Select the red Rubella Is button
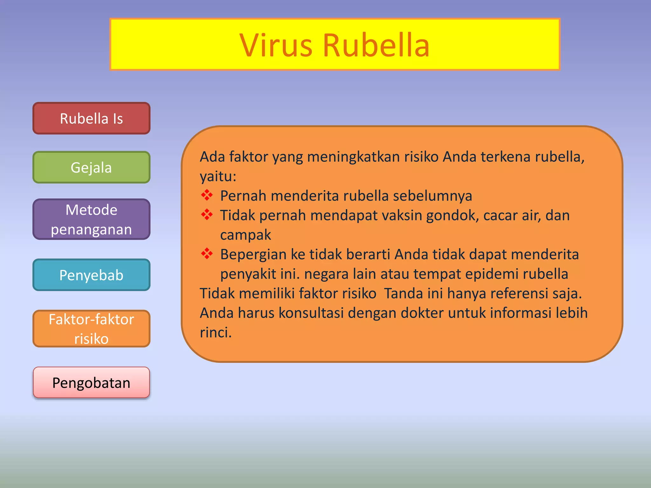(x=92, y=119)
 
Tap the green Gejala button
(x=92, y=167)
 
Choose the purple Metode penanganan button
(x=92, y=219)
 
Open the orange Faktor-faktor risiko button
(x=92, y=329)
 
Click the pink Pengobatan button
(x=92, y=383)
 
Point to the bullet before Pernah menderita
(x=207, y=195)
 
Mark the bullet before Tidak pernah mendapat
(x=207, y=215)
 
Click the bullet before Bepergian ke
(x=207, y=254)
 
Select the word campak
(x=245, y=235)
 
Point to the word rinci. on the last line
(x=216, y=333)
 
